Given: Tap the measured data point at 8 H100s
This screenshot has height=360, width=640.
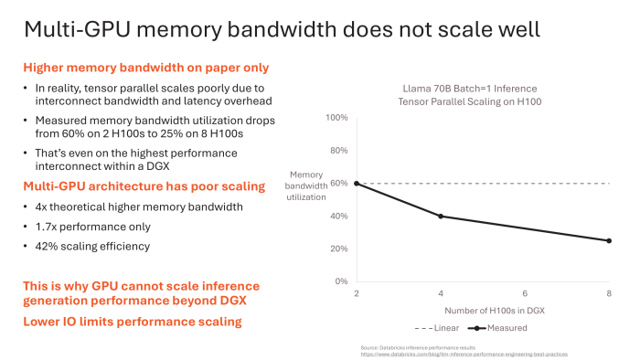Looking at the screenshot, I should pos(610,240).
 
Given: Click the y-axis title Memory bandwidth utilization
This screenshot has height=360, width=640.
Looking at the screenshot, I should pos(306,185).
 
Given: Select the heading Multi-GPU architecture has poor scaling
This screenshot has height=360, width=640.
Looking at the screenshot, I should pos(144,187).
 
